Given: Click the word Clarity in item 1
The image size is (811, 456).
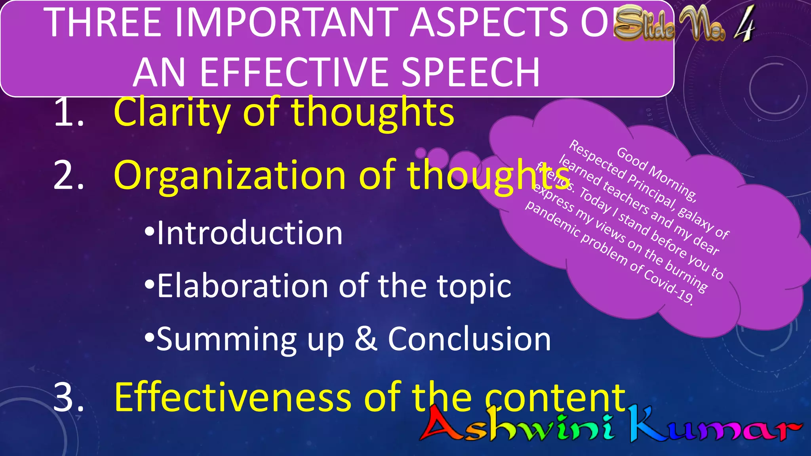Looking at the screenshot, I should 172,113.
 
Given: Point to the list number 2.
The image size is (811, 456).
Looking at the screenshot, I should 68,175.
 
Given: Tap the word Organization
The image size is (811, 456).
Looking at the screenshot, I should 230,175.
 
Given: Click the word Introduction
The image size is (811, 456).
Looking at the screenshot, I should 249,234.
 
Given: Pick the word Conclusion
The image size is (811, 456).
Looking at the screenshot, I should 469,339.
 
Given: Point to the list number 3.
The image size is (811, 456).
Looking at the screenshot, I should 68,397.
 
